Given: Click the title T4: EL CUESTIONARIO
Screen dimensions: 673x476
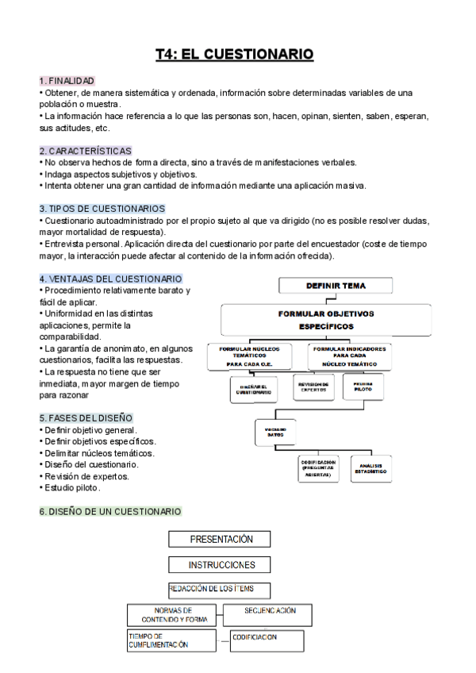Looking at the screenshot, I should [x=235, y=54].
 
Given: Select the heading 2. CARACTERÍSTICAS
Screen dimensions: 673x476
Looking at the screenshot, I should [x=85, y=150].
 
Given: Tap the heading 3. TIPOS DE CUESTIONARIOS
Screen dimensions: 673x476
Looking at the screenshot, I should [x=102, y=209].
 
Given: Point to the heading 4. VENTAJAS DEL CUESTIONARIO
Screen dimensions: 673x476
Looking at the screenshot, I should [x=110, y=279].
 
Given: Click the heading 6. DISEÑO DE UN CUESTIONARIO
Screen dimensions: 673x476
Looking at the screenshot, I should [x=110, y=511].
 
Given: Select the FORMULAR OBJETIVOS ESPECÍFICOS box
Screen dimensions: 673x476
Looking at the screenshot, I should [x=325, y=320].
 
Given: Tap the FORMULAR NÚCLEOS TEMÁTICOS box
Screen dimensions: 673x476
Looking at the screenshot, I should [x=255, y=356].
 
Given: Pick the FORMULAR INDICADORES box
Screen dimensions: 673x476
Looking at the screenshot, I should [x=350, y=356].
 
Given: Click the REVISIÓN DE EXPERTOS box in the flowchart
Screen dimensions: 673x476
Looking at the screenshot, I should [x=313, y=387].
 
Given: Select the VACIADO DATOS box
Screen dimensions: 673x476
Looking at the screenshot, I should [x=274, y=432].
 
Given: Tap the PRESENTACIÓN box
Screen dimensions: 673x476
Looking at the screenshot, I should [x=221, y=540].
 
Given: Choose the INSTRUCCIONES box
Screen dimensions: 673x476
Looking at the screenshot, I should [x=221, y=565].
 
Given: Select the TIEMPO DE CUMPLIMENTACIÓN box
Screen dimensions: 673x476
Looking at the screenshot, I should [x=171, y=640].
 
